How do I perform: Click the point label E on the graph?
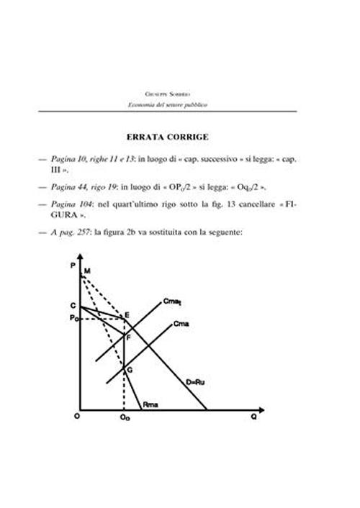(x=127, y=314)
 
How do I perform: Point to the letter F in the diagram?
(x=129, y=337)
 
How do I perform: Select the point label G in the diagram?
(x=130, y=369)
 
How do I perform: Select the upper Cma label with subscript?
(x=173, y=301)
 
